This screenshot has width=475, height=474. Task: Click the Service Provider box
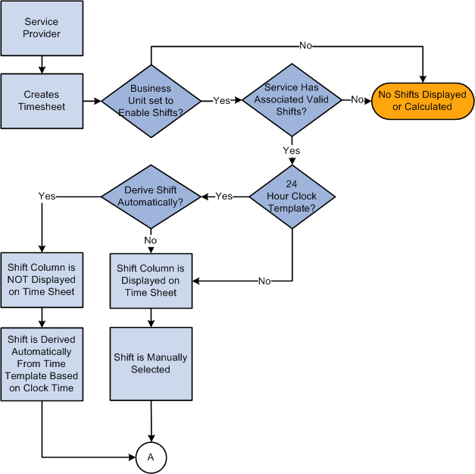tap(42, 28)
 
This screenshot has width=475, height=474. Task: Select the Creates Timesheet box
tap(42, 101)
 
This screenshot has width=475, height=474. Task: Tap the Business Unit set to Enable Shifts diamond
tap(152, 100)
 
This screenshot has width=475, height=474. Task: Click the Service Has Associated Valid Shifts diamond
tap(291, 100)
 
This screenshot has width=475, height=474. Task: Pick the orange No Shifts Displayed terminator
tap(422, 100)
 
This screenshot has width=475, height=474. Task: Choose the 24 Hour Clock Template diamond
tap(292, 196)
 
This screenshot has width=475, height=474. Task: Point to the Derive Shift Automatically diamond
tap(151, 196)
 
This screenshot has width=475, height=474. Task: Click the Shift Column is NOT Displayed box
tap(42, 281)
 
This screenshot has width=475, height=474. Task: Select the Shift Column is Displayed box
tap(151, 281)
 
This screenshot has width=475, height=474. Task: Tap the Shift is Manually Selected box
tap(151, 363)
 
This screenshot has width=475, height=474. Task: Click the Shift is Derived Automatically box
tap(42, 364)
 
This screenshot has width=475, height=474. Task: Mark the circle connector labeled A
tap(151, 457)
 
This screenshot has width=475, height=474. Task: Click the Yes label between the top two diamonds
tap(221, 100)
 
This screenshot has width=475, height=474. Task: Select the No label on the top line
tap(305, 46)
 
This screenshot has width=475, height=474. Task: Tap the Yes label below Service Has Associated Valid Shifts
tap(292, 150)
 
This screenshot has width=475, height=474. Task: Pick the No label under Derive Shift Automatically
tap(151, 240)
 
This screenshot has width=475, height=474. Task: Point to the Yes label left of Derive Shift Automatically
tap(46, 196)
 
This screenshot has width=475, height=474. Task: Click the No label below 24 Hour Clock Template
tap(264, 281)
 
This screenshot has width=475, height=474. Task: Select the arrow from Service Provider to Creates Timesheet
tap(42, 64)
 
